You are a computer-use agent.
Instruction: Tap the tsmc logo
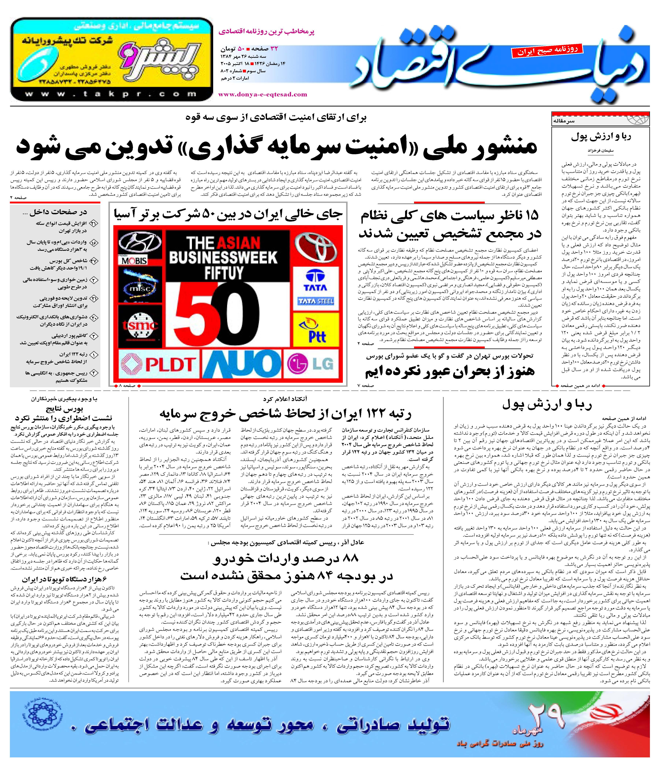click(x=140, y=325)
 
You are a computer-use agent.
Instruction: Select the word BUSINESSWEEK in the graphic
click(x=223, y=257)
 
